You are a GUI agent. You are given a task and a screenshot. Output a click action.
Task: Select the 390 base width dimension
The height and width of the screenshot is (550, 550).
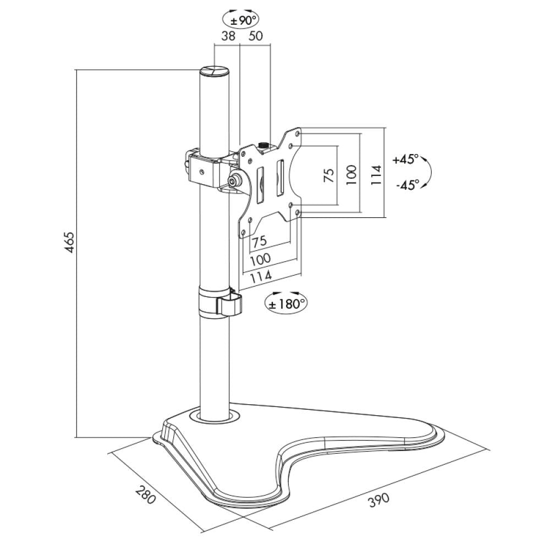pyautogui.click(x=378, y=499)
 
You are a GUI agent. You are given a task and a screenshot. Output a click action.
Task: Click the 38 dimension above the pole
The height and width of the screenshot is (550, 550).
pyautogui.click(x=228, y=36)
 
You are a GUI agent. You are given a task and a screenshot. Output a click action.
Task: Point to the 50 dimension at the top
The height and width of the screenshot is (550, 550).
pyautogui.click(x=256, y=36)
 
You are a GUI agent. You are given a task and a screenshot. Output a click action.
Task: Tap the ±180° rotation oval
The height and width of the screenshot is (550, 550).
pyautogui.click(x=285, y=302)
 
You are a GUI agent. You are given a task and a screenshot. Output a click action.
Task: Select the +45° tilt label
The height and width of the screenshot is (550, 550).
pyautogui.click(x=406, y=159)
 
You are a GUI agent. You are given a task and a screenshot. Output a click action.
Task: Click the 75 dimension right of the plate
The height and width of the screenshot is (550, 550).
pyautogui.click(x=328, y=175)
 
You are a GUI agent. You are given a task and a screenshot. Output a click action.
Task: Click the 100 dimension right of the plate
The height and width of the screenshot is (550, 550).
pyautogui.click(x=352, y=175)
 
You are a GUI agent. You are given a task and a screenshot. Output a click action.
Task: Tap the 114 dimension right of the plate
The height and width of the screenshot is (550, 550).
pyautogui.click(x=376, y=175)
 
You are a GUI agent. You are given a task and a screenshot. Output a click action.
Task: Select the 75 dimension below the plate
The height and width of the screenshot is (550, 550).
pyautogui.click(x=259, y=241)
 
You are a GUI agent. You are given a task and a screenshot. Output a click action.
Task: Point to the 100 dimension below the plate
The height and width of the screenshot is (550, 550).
pyautogui.click(x=260, y=259)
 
